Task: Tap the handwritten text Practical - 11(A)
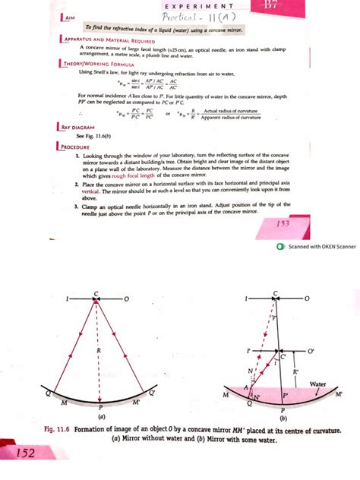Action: pyautogui.click(x=187, y=17)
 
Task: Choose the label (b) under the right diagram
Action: pyautogui.click(x=282, y=418)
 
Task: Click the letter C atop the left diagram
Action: pyautogui.click(x=96, y=293)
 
